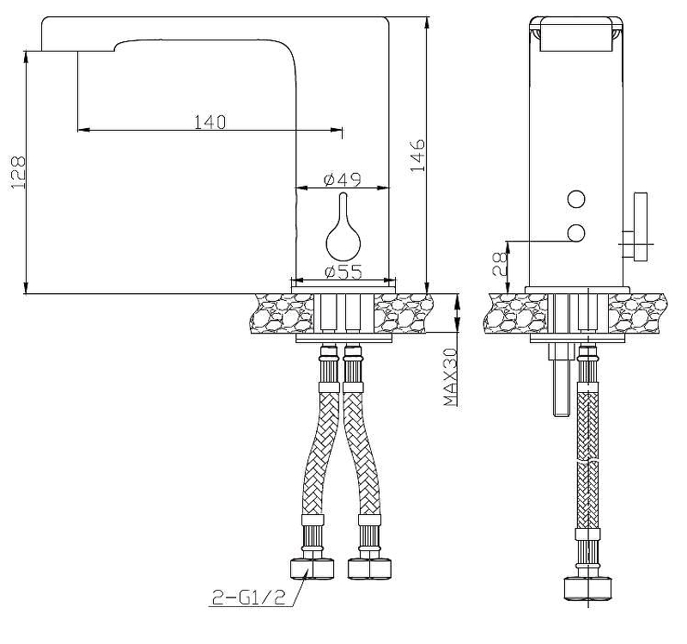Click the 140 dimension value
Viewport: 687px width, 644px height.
tap(210, 122)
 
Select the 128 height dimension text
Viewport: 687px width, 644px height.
tap(18, 173)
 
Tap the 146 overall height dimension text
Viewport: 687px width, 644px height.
tap(417, 156)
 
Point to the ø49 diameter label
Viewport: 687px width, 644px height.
tap(343, 180)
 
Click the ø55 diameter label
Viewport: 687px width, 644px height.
tap(343, 272)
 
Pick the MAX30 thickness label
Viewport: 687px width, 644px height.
tap(450, 377)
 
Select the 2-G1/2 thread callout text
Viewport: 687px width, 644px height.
tap(249, 597)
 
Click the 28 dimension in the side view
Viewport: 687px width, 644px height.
tap(500, 265)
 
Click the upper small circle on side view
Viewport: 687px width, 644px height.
tap(575, 199)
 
